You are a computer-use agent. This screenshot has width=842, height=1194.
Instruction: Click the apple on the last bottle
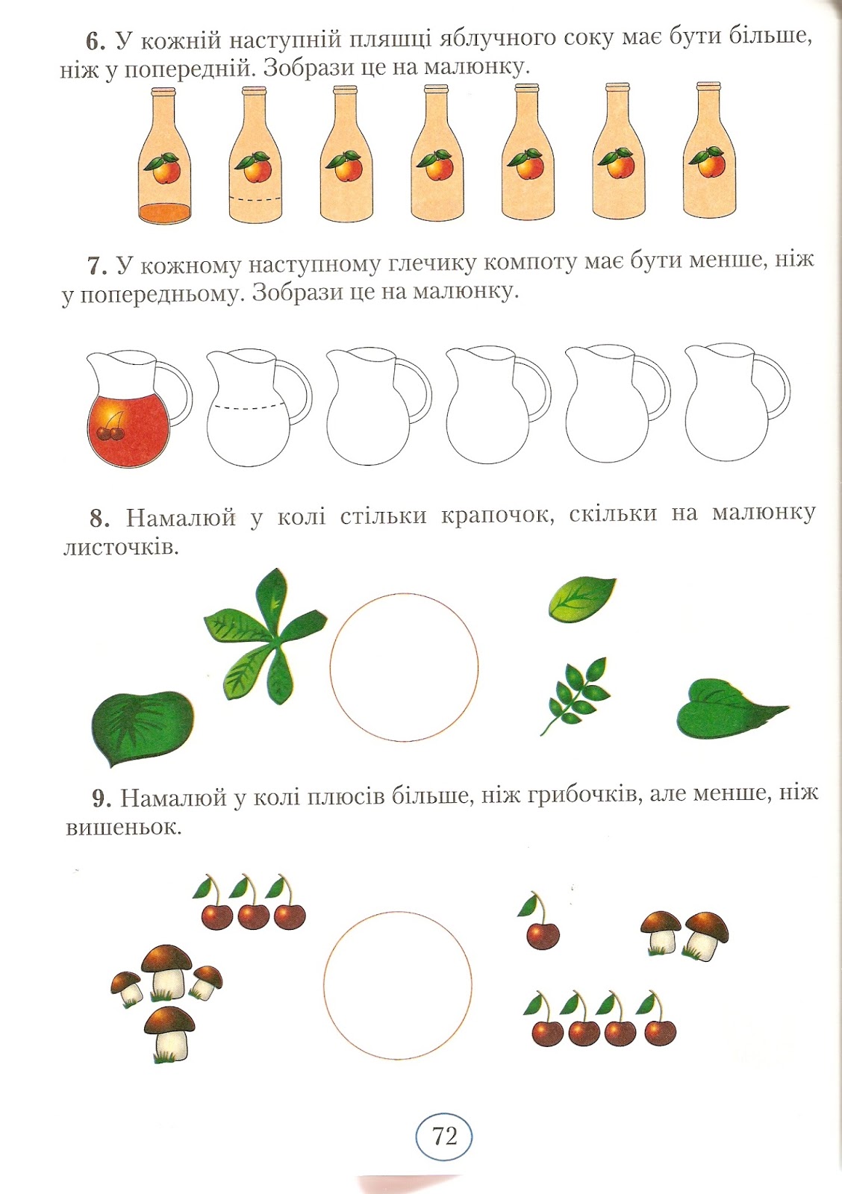point(708,162)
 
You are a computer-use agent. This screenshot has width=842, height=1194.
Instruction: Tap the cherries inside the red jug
point(112,428)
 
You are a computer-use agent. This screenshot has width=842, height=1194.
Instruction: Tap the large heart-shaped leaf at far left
point(143,728)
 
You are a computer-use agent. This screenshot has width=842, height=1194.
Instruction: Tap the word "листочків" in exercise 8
point(120,548)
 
